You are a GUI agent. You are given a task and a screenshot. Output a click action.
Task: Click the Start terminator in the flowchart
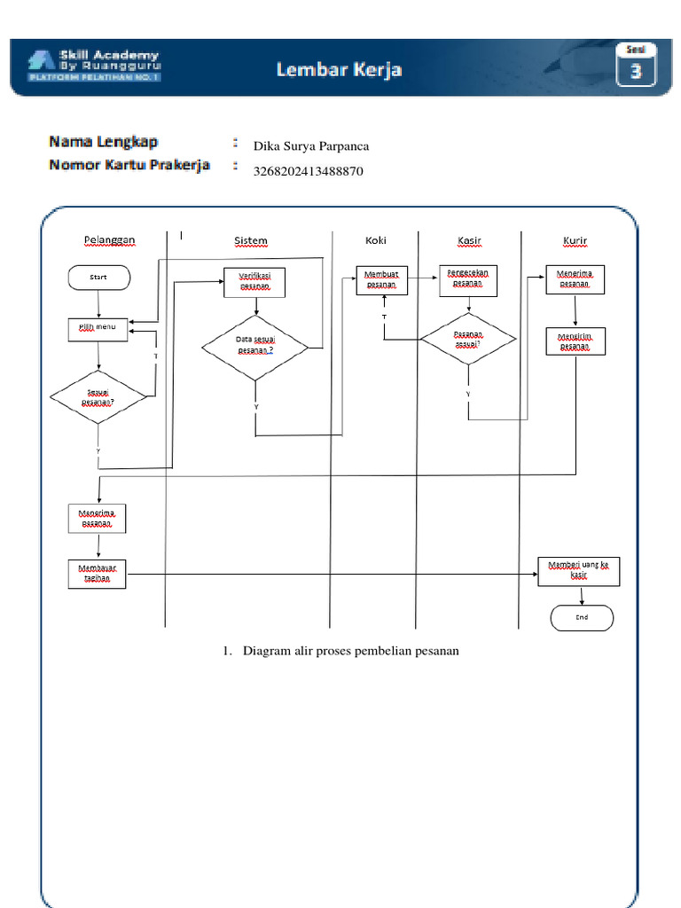98,278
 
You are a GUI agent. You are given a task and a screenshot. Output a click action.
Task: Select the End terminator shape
582,617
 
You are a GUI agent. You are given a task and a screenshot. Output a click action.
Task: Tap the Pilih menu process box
98,329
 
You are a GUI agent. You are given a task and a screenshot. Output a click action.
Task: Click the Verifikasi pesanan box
254,283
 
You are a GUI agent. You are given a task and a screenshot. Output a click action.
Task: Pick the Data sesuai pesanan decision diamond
255,347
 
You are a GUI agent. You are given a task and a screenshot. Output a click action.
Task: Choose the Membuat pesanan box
381,281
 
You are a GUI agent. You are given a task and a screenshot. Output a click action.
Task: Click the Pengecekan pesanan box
468,280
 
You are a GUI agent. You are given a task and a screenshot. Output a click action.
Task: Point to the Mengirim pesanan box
575,341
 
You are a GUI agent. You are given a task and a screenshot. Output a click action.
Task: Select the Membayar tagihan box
98,573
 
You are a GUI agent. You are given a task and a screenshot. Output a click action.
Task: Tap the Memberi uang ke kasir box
579,570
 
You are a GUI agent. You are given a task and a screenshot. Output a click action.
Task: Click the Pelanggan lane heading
109,240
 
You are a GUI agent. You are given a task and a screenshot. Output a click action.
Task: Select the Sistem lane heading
251,241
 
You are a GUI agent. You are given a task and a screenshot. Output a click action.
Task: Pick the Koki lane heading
376,240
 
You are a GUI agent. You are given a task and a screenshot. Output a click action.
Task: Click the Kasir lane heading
469,241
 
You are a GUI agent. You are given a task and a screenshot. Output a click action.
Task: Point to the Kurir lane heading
575,241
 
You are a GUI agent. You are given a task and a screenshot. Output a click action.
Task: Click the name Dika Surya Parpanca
311,146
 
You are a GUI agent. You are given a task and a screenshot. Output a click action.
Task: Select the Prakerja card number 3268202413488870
309,170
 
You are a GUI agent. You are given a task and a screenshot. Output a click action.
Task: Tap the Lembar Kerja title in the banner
339,69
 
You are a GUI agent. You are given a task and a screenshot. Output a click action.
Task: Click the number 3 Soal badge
635,70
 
